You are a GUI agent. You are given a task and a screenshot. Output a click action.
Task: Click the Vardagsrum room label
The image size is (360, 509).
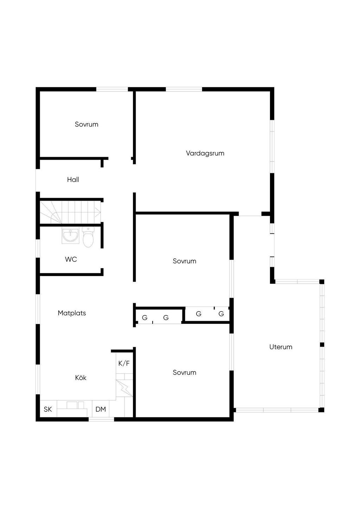click(x=205, y=153)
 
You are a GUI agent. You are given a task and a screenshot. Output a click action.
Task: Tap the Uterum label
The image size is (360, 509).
click(x=281, y=347)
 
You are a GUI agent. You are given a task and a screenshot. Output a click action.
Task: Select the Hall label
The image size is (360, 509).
click(x=73, y=180)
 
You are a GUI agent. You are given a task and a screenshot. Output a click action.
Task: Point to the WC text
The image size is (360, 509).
click(x=71, y=259)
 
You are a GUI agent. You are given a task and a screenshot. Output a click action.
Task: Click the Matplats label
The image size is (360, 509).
click(x=72, y=313)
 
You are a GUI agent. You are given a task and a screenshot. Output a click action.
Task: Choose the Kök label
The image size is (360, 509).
click(x=81, y=378)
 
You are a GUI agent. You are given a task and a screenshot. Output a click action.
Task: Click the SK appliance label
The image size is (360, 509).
click(x=48, y=409)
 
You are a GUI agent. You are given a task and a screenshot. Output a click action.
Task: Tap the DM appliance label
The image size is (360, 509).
click(x=101, y=409)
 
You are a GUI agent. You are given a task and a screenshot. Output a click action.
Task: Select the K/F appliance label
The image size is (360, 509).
click(x=124, y=363)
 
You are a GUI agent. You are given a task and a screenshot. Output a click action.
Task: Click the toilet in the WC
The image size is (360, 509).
click(x=88, y=237)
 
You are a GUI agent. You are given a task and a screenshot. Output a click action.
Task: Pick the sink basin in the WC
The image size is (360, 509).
click(x=70, y=236)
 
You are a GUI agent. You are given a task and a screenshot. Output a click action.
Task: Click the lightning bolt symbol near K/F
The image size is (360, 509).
click(x=124, y=388)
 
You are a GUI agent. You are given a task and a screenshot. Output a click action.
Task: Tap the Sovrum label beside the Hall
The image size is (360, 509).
click(x=86, y=124)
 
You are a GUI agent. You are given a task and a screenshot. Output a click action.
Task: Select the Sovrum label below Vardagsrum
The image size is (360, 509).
click(x=184, y=261)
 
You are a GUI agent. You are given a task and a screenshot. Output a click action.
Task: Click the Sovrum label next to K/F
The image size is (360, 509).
click(x=184, y=372)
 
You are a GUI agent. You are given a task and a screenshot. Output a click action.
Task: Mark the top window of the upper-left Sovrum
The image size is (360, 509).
click(x=112, y=89)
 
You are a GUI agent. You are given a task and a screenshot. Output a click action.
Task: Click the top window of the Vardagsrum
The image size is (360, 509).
click(x=184, y=89)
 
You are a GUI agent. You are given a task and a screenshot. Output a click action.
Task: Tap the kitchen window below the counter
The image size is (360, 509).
click(x=101, y=419)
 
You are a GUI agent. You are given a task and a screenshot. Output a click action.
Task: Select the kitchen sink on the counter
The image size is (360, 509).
click(x=75, y=405)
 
